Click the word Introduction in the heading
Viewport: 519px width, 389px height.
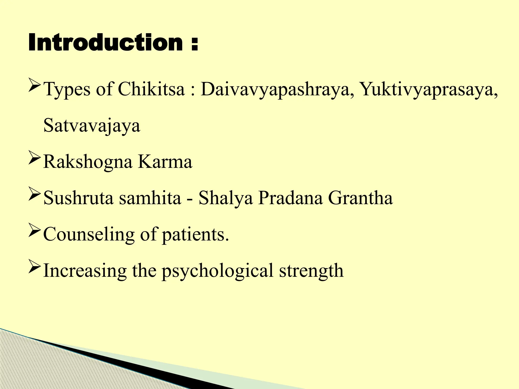tap(105, 43)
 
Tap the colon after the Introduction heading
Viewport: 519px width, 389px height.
tap(194, 44)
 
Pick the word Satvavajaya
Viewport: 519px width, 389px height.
tap(92, 126)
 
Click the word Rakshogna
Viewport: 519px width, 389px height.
tap(88, 162)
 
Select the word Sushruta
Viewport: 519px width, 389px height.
tap(78, 198)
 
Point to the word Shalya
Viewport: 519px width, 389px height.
tap(226, 198)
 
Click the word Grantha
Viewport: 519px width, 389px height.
tap(360, 198)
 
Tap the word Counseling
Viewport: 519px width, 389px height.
tap(89, 235)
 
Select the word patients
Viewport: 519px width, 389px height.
tap(195, 235)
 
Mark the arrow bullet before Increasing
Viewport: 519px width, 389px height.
tap(34, 266)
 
